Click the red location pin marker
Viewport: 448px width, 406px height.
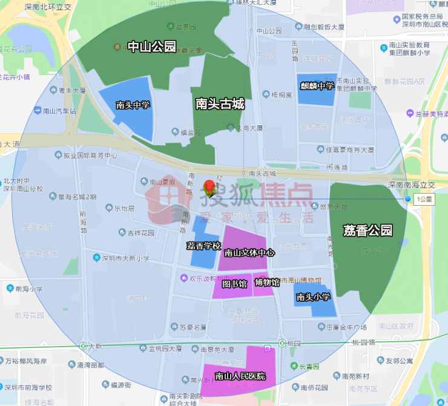pyautogui.click(x=210, y=187)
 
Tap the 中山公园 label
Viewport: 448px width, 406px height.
pyautogui.click(x=151, y=47)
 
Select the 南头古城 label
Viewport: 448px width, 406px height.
pyautogui.click(x=220, y=104)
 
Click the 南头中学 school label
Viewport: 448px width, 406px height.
pyautogui.click(x=133, y=105)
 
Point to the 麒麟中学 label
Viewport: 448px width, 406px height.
pyautogui.click(x=317, y=86)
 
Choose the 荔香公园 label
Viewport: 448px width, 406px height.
pyautogui.click(x=367, y=230)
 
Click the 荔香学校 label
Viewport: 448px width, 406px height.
pyautogui.click(x=203, y=246)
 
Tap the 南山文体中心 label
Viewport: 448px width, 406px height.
pyautogui.click(x=249, y=253)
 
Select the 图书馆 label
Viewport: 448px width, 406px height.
pyautogui.click(x=234, y=283)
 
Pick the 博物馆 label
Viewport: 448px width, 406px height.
pyautogui.click(x=267, y=282)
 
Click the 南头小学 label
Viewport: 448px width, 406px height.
pyautogui.click(x=313, y=297)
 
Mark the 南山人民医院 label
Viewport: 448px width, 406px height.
pyautogui.click(x=240, y=376)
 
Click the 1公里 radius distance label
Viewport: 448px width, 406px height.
pyautogui.click(x=424, y=199)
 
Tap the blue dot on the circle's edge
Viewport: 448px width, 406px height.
pyautogui.click(x=408, y=198)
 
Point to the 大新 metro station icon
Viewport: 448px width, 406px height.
pyautogui.click(x=82, y=347)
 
